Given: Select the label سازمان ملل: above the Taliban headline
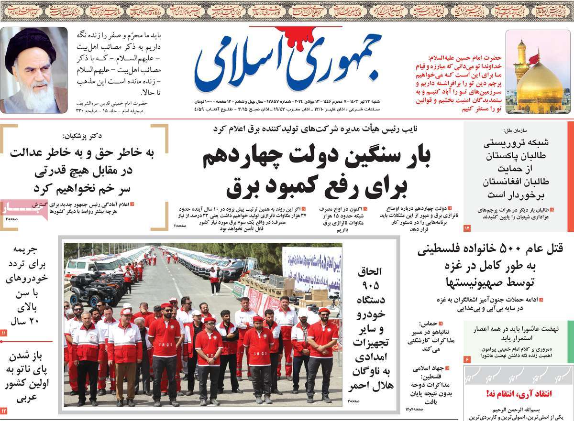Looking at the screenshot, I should (515, 130).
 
